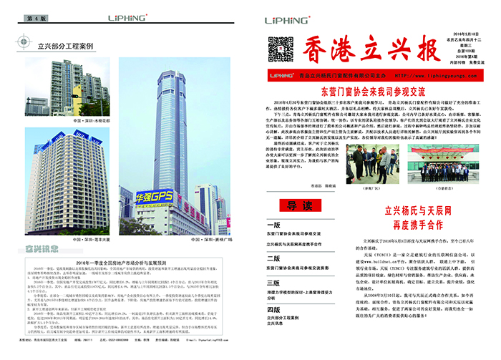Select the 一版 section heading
(273, 224)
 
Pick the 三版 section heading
(273, 284)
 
